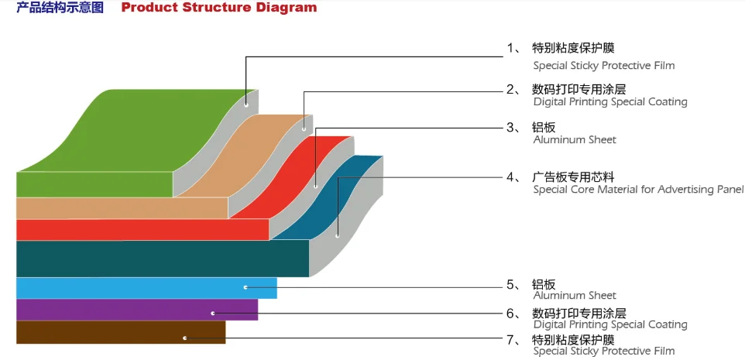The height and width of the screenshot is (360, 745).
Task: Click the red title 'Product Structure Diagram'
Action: [219, 8]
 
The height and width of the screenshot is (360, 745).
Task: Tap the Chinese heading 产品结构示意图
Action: [60, 8]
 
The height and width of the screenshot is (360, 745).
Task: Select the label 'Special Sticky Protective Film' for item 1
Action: [603, 66]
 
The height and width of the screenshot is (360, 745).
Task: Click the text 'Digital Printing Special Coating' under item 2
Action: [609, 101]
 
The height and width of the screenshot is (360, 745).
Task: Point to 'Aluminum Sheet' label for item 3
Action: [575, 140]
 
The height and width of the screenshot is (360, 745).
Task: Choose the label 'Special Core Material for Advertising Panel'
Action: [638, 190]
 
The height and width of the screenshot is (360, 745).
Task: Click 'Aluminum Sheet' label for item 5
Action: [575, 295]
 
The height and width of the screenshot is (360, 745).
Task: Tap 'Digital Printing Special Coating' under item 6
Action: [609, 324]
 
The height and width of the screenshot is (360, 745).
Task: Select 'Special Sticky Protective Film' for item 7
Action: [603, 351]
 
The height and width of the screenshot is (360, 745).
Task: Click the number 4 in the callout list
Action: [511, 177]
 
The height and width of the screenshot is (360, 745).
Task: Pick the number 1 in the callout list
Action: [511, 48]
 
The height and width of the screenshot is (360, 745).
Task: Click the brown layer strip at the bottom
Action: [116, 332]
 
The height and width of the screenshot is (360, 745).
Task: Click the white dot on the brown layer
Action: [184, 338]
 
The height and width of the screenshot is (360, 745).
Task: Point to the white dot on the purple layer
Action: [213, 313]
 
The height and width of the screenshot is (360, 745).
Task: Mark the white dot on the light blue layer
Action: [245, 287]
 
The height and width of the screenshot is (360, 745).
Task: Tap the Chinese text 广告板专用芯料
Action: [573, 177]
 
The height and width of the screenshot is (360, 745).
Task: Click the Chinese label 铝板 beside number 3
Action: [544, 128]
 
